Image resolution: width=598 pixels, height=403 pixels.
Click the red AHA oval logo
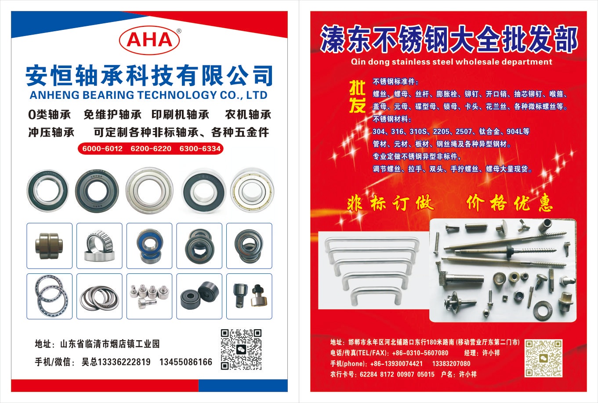pos(149,40)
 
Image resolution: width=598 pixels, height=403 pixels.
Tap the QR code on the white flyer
pos(241,349)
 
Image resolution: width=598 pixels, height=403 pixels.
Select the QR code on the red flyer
pos(543,358)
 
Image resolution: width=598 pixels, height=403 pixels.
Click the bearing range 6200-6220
pos(151,149)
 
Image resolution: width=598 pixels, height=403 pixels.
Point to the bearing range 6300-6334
pos(200,149)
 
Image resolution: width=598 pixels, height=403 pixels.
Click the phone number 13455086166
pos(186,362)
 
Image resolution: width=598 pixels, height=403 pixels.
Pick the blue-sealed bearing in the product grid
pos(149,246)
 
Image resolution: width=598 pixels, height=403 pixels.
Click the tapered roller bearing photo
pos(100,245)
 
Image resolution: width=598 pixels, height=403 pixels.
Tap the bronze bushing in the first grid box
pos(49,246)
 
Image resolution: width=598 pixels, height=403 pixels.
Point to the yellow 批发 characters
pos(358,97)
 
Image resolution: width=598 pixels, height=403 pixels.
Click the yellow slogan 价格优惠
pos(509,203)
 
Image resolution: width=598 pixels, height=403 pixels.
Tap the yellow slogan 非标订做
pos(391,203)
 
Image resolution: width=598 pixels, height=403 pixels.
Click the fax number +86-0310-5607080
pos(420,353)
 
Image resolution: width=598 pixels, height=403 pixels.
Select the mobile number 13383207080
pos(451,363)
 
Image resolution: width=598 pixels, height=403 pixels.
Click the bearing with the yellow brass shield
pos(252,191)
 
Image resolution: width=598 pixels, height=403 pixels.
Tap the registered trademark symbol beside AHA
pos(179,31)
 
